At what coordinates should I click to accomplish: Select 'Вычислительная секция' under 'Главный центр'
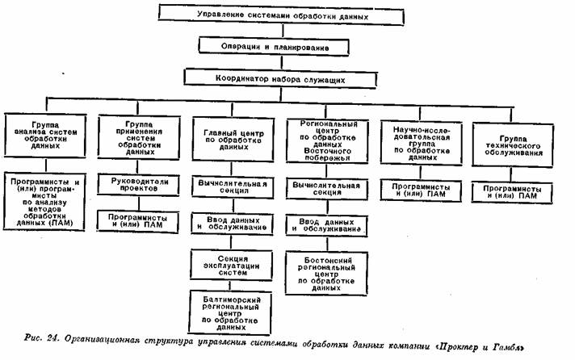(233, 186)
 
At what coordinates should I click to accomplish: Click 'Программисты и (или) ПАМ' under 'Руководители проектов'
(138, 220)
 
